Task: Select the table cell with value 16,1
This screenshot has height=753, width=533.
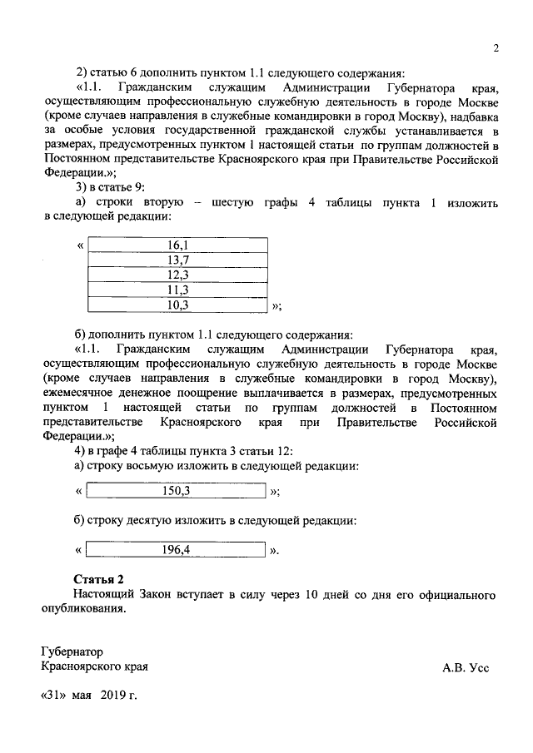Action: (177, 245)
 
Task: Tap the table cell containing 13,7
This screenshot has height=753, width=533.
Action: (177, 260)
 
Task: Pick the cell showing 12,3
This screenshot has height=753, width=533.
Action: (177, 275)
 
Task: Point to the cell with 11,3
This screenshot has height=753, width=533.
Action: (177, 290)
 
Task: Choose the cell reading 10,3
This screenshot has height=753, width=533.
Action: (177, 305)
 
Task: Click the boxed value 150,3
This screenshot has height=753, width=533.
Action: (177, 491)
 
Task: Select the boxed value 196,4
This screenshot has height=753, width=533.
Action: (177, 550)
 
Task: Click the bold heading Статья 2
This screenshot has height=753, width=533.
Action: (98, 579)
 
